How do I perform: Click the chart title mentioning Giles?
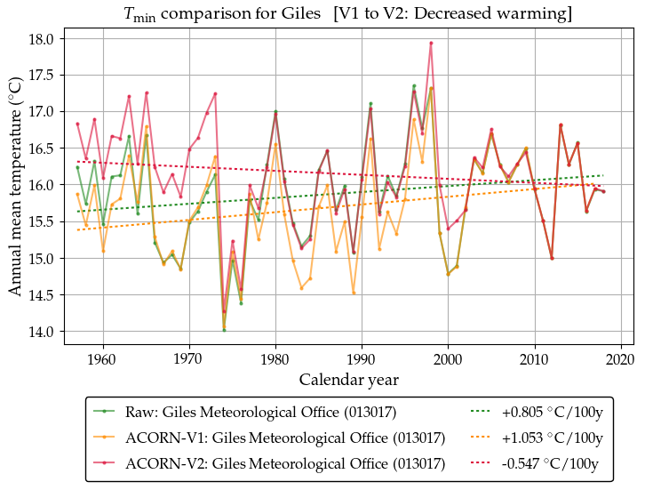click(x=346, y=14)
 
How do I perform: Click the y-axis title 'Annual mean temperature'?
click(x=15, y=186)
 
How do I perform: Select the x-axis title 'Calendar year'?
click(x=348, y=380)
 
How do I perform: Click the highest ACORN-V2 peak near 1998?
click(x=431, y=43)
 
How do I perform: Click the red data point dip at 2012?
click(x=552, y=258)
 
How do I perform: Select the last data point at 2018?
click(x=603, y=191)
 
